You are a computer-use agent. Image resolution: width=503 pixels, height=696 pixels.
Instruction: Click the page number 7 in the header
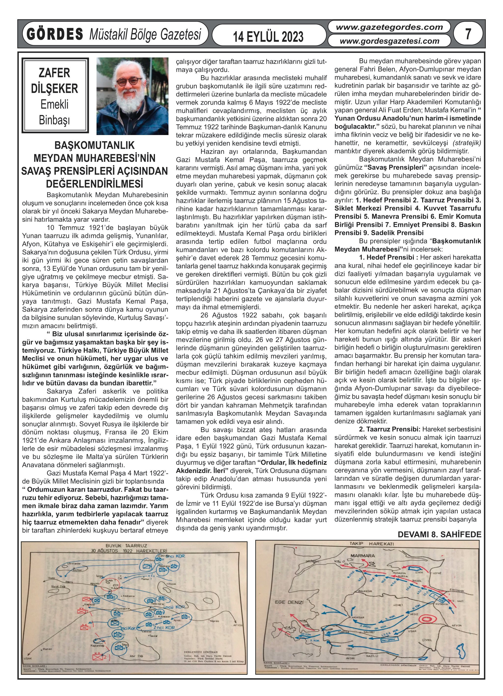point(468,34)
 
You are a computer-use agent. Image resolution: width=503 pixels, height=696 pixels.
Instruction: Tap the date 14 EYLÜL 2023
point(268,37)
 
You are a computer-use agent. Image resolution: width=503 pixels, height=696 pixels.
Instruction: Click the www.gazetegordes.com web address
point(389,27)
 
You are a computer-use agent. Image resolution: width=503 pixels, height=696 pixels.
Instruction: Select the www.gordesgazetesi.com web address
point(389,41)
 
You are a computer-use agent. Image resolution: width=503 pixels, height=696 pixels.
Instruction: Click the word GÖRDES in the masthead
point(55,34)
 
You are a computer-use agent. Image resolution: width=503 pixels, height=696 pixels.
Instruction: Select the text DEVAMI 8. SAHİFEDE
point(439,534)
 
